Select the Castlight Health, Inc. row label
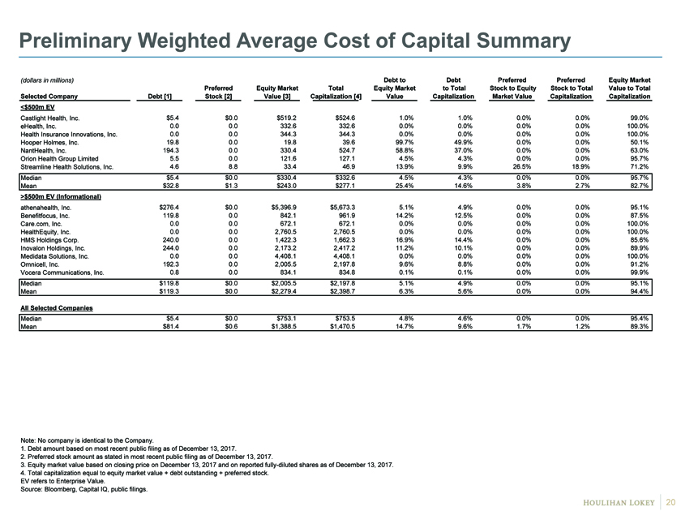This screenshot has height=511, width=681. (x=50, y=118)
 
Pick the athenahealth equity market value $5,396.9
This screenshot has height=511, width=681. (x=284, y=208)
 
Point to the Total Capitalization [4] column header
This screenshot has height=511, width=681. (x=336, y=92)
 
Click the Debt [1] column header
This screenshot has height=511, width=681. (x=160, y=97)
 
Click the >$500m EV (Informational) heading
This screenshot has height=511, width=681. (x=61, y=197)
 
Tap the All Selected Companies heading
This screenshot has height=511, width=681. (x=57, y=308)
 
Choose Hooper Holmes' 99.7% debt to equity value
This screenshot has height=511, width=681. (x=404, y=143)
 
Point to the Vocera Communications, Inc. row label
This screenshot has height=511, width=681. (x=62, y=273)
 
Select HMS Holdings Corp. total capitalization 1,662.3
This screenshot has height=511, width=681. (x=345, y=240)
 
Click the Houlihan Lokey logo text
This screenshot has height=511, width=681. (x=619, y=503)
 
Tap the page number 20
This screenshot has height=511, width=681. (x=670, y=502)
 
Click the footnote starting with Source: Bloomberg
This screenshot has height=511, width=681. (x=84, y=489)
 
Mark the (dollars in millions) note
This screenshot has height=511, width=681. (x=47, y=80)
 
